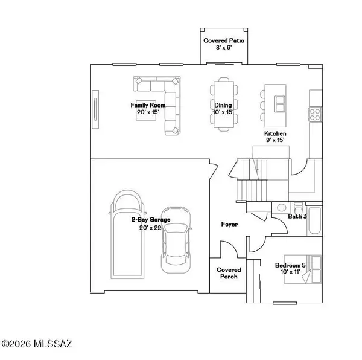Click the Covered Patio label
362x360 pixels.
[x=220, y=44]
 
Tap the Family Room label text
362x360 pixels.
[x=148, y=109]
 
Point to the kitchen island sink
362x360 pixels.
[x=279, y=104]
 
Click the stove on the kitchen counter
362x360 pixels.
[x=314, y=112]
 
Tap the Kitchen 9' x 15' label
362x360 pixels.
[x=275, y=137]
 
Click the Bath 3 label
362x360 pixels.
[x=297, y=216]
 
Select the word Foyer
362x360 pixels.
[x=229, y=224]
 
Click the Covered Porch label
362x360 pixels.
[x=229, y=273]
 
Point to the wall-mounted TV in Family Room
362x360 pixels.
[x=95, y=109]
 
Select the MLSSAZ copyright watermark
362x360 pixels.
[x=37, y=344]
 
